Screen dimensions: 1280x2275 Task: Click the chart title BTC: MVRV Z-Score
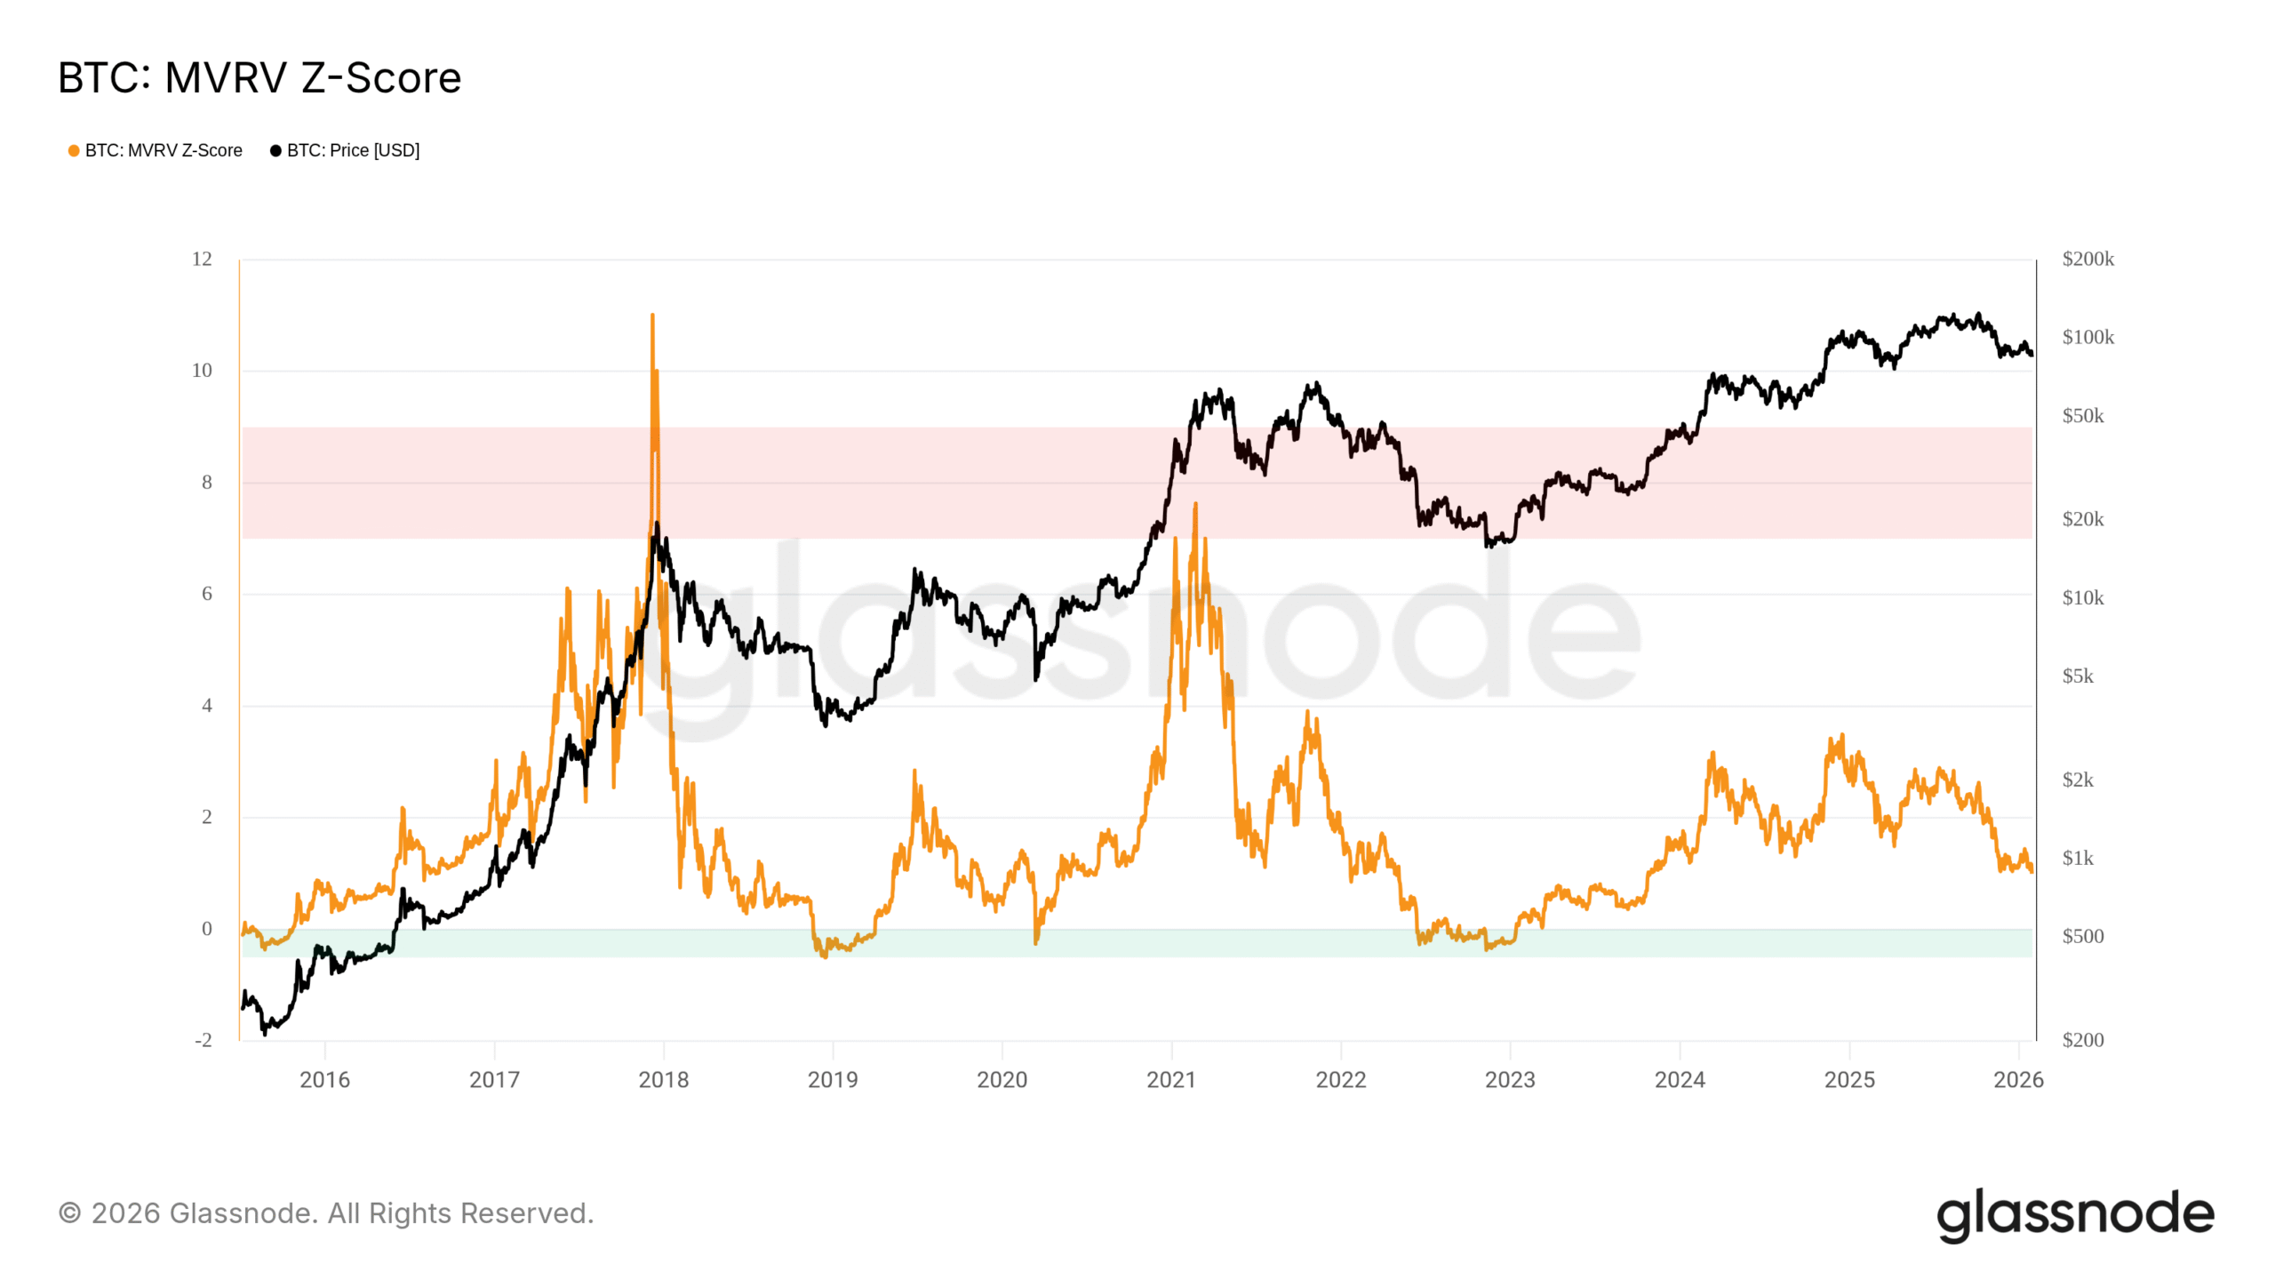(259, 78)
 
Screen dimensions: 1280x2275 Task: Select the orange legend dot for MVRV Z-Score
(74, 151)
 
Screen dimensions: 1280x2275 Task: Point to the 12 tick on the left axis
(202, 260)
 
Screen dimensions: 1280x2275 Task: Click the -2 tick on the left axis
(204, 1040)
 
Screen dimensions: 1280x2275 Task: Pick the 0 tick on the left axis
(207, 929)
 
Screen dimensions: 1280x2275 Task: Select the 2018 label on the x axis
(663, 1080)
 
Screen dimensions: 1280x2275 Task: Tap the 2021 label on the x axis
(1171, 1080)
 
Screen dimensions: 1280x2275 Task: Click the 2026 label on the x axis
(2018, 1080)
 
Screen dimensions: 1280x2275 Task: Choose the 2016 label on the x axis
(324, 1080)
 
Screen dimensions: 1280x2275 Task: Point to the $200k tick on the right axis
(2087, 260)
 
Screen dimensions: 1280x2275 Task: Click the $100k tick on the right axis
(2087, 338)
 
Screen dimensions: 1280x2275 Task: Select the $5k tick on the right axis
(2078, 676)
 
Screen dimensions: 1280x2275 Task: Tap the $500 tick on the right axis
(2082, 936)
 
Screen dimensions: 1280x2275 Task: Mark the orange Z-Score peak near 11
(652, 315)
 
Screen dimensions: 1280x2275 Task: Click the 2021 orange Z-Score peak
(1195, 504)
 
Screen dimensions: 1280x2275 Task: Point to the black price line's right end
(2032, 355)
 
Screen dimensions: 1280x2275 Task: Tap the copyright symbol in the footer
(69, 1213)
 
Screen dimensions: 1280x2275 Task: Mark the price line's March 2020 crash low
(1036, 679)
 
